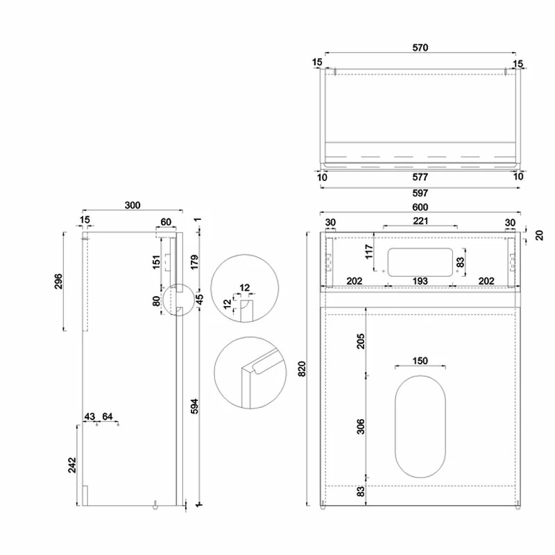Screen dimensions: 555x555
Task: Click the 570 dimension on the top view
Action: (x=420, y=48)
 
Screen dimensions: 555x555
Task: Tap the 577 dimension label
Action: (x=420, y=178)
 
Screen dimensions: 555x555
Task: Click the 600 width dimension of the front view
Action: (x=420, y=207)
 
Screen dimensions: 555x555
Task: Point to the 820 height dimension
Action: (x=302, y=368)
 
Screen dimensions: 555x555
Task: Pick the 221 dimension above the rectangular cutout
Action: (x=420, y=221)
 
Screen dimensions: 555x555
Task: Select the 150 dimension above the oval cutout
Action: (x=420, y=361)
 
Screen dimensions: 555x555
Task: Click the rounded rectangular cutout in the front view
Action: (x=420, y=261)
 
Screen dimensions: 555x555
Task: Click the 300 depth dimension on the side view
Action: (x=133, y=205)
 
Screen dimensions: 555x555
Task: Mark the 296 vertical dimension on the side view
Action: (x=58, y=281)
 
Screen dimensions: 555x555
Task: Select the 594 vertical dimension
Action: (x=194, y=407)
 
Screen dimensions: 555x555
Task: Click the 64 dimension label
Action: (x=108, y=416)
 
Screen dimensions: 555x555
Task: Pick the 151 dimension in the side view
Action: (x=157, y=262)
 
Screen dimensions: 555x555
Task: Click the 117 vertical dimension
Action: (x=368, y=250)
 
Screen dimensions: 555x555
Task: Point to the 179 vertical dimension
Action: (x=194, y=262)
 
